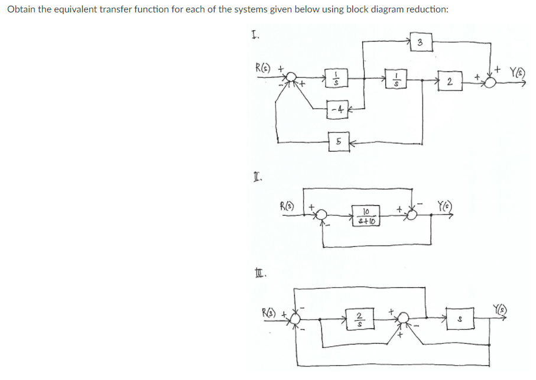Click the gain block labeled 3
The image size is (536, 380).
click(419, 43)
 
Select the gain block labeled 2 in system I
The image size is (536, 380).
click(451, 82)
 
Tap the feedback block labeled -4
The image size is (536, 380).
click(336, 109)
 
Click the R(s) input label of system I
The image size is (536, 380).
click(263, 66)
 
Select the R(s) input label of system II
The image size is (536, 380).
click(288, 207)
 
